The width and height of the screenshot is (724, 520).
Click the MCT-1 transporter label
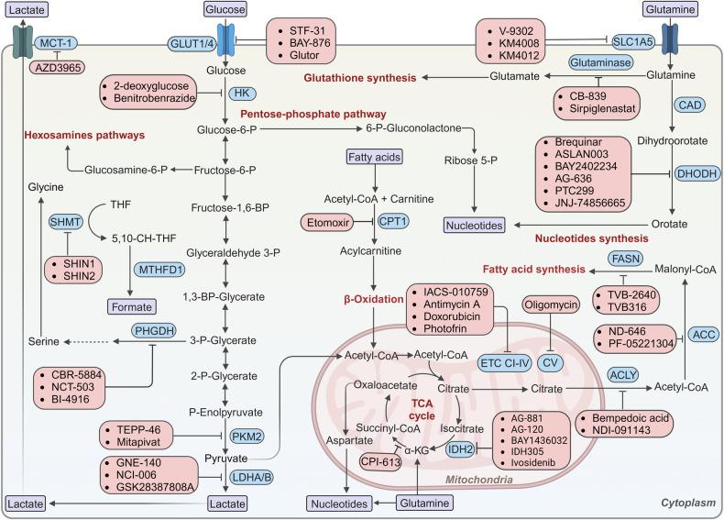click(56, 43)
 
